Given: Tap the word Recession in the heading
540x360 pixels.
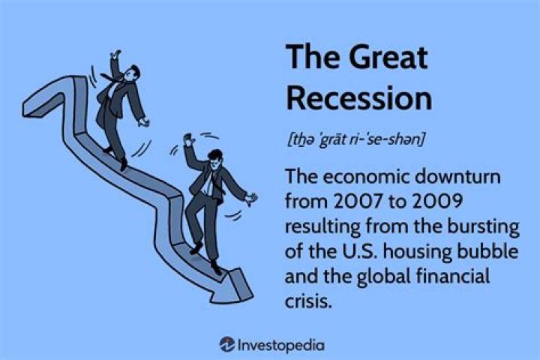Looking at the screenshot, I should [359, 97].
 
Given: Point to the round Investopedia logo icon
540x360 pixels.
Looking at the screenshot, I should [226, 344].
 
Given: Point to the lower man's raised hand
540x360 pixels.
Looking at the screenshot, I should [187, 140].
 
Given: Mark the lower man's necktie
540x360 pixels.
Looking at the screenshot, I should [216, 183].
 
